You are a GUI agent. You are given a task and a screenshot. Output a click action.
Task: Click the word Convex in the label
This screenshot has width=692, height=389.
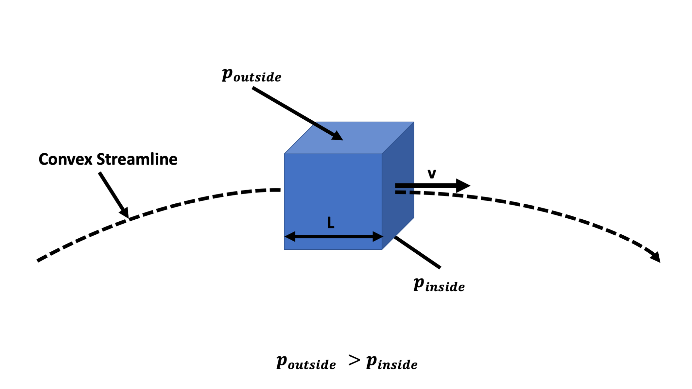[x=66, y=160]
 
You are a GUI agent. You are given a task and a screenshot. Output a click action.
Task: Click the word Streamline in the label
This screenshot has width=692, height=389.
[x=137, y=160]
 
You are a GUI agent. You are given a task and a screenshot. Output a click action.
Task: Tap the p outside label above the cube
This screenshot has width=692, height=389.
[x=251, y=75]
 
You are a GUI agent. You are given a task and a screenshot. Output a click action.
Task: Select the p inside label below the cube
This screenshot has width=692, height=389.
[x=439, y=285]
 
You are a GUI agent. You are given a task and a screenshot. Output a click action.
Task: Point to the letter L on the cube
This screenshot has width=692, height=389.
[x=331, y=223]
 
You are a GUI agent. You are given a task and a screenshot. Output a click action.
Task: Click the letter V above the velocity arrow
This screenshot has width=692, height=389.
[x=432, y=174]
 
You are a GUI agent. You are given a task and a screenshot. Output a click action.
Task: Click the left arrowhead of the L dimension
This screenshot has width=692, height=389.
[x=290, y=236]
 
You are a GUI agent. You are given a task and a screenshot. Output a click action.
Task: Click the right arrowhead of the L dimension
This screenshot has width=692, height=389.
[x=377, y=236]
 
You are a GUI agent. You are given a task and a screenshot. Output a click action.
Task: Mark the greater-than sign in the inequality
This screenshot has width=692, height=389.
[x=354, y=360]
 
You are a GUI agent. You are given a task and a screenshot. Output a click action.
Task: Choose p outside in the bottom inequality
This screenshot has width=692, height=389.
[x=306, y=363]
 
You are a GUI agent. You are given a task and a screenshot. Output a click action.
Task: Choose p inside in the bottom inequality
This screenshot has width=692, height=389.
[x=391, y=363]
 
